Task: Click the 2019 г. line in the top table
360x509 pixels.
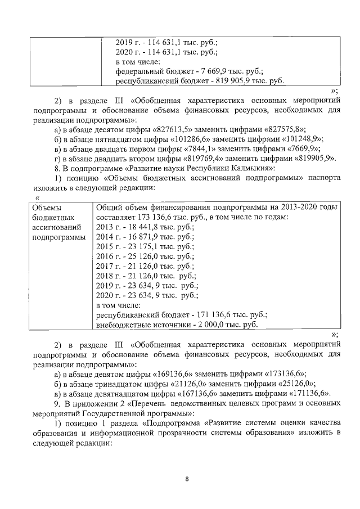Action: (x=166, y=42)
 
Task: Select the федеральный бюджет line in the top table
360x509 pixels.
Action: (x=189, y=71)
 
